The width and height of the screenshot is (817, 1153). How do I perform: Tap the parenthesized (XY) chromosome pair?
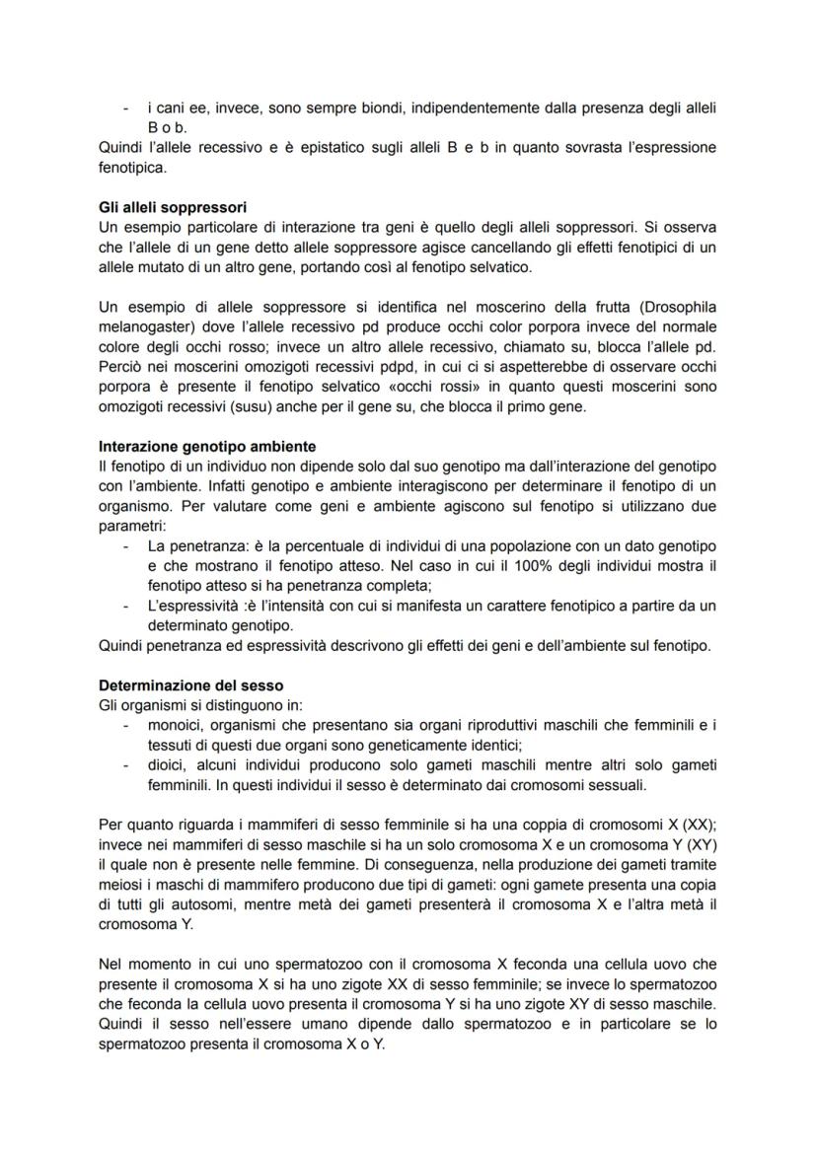click(697, 843)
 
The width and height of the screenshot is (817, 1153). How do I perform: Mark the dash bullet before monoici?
click(125, 725)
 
